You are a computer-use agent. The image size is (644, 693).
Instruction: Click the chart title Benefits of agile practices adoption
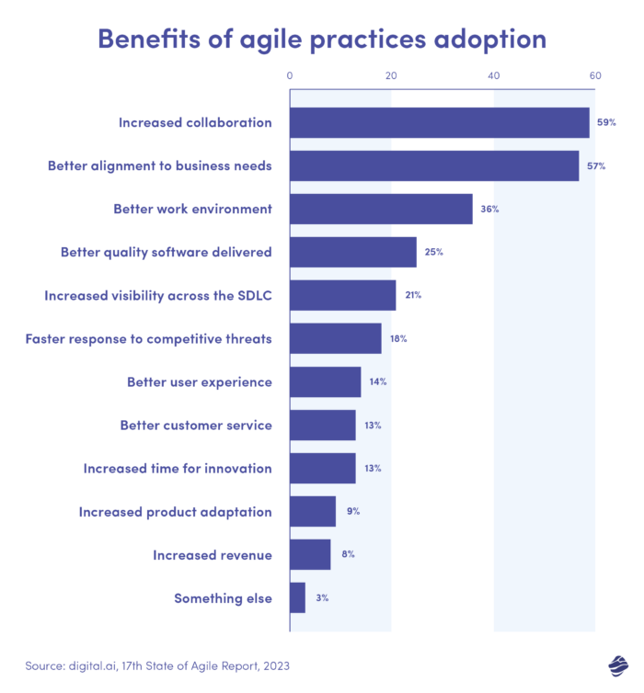point(321,39)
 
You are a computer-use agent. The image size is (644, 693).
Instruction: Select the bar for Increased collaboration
point(439,122)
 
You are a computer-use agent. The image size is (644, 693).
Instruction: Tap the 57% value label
point(595,165)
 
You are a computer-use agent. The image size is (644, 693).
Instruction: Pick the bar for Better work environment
point(381,209)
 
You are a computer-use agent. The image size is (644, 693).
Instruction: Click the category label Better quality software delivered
point(166,252)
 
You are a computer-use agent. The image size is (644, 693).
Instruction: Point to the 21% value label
point(413,295)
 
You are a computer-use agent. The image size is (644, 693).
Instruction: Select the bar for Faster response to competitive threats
point(335,338)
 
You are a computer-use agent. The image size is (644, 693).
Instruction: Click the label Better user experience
point(199,381)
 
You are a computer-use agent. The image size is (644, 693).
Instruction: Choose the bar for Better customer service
point(322,425)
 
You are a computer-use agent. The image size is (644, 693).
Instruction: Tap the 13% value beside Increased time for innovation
point(373,468)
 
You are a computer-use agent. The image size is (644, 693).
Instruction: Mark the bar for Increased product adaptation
point(312,511)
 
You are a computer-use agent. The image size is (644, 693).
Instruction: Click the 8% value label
point(347,554)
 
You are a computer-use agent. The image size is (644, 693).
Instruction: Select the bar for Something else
point(297,597)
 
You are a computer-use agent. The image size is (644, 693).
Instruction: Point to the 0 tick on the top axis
point(290,76)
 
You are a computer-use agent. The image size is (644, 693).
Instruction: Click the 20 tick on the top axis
point(392,76)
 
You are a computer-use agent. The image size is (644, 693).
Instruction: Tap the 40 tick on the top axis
point(493,76)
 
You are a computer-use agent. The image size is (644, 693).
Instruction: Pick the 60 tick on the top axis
point(595,76)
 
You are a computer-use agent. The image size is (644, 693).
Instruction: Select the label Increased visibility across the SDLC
point(157,295)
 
